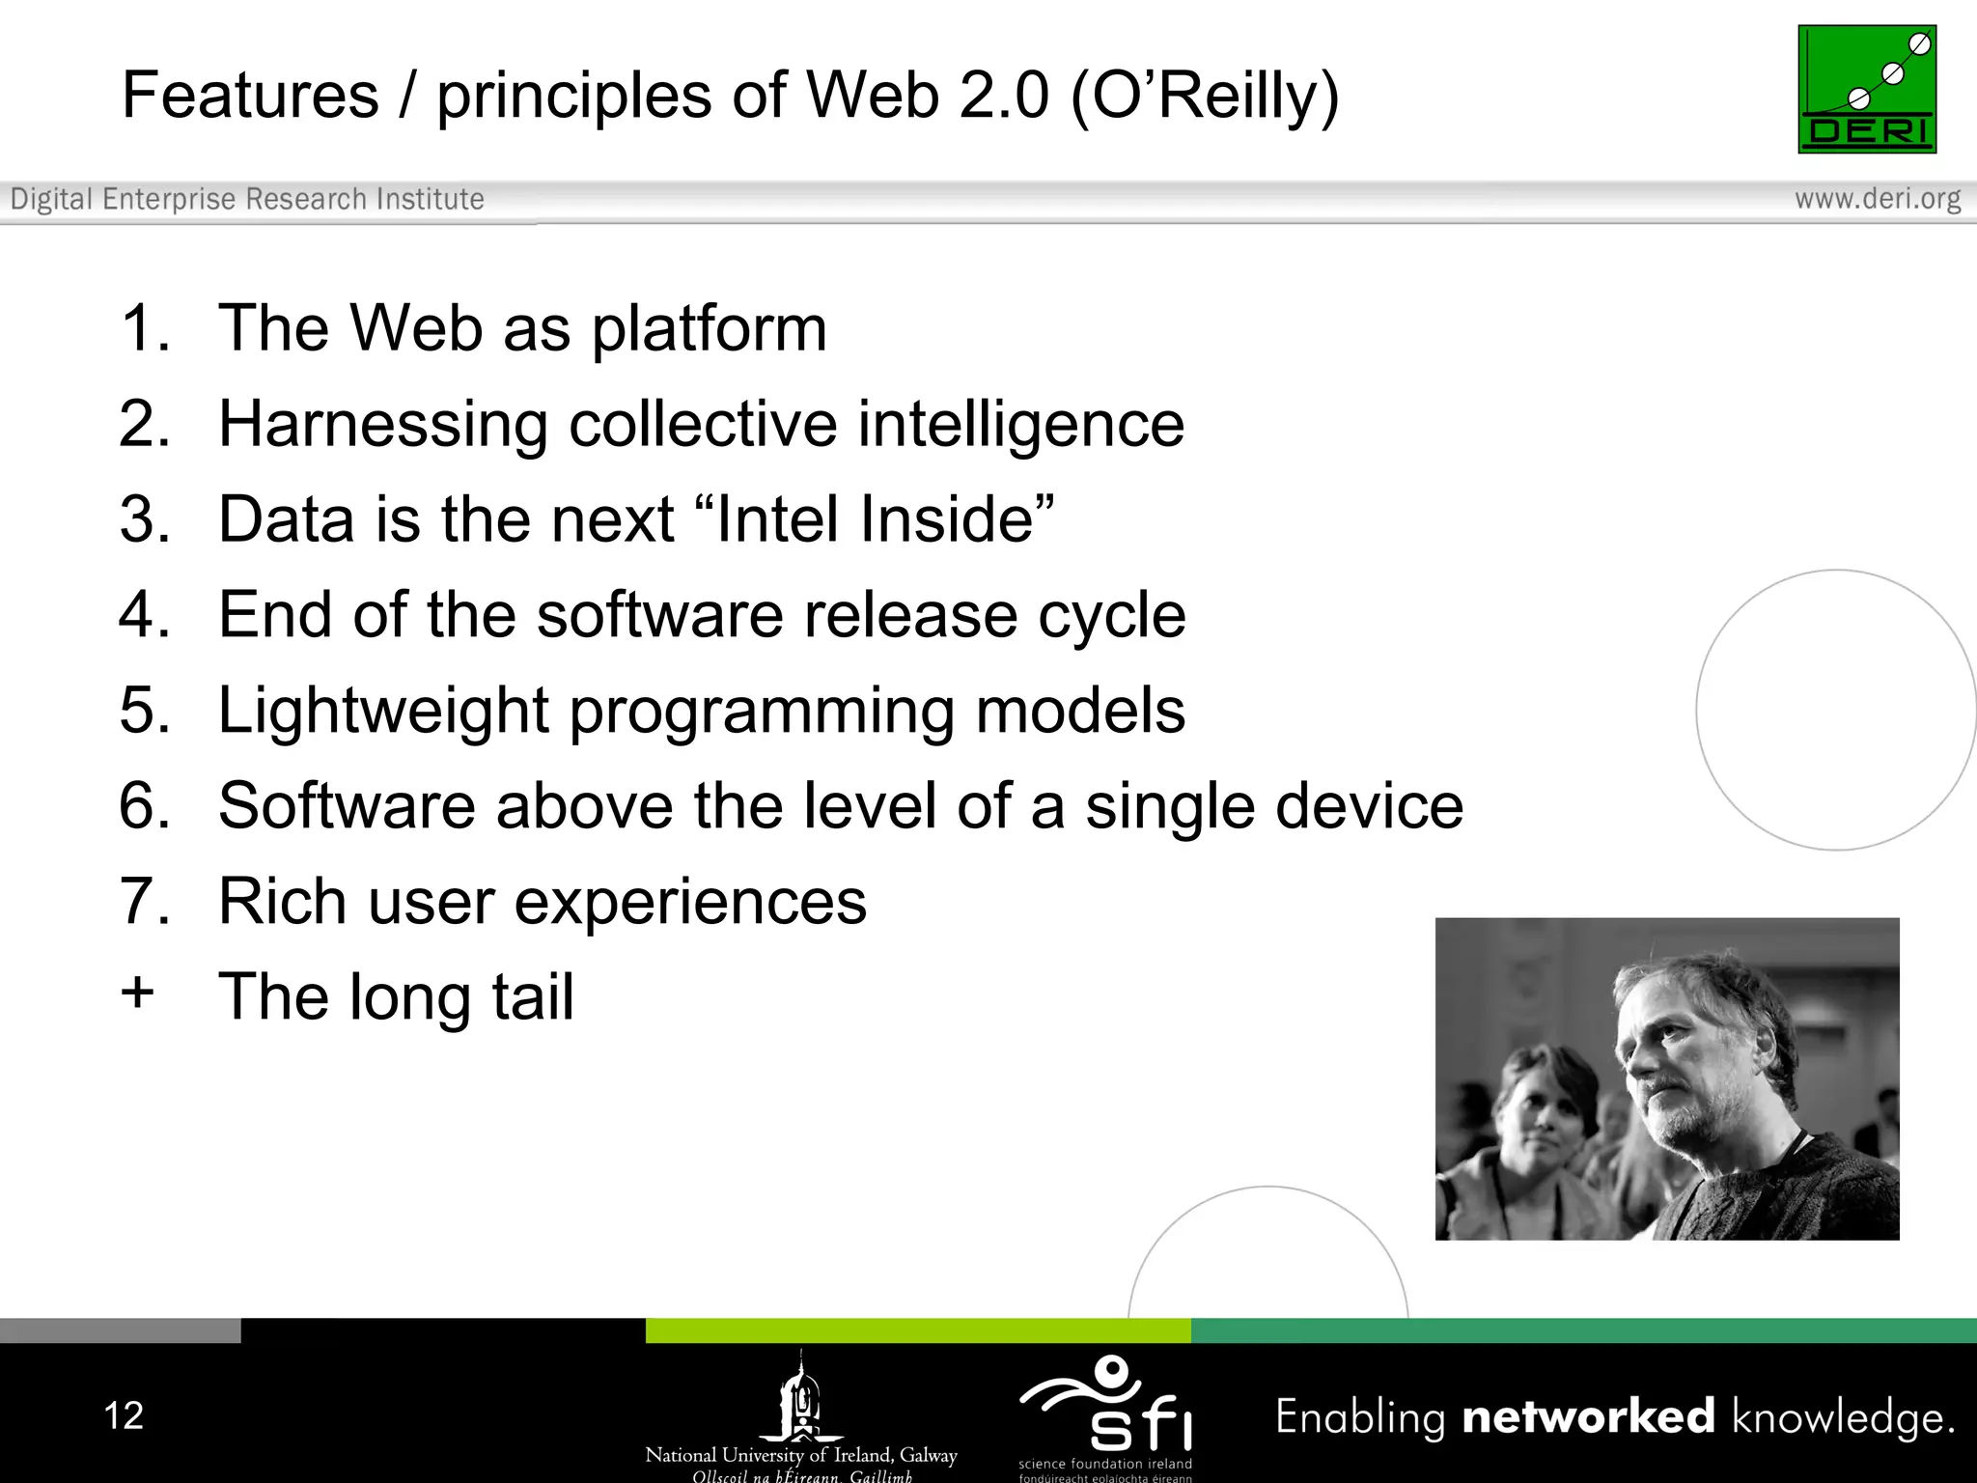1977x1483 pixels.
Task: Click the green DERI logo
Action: coord(1866,89)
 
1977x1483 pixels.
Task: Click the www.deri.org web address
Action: coord(1877,199)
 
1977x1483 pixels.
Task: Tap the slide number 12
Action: coord(124,1415)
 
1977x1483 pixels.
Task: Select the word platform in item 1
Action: coord(709,330)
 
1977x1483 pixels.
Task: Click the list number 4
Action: coord(144,615)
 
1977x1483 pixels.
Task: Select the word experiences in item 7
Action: coord(690,903)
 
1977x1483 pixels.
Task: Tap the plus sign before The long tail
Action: coord(138,993)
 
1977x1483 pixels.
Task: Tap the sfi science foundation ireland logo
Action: coord(1106,1414)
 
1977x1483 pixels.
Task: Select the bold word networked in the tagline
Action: coord(1588,1416)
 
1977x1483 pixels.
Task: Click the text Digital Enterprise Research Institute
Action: coord(247,199)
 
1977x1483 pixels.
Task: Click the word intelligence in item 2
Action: coord(1020,425)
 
